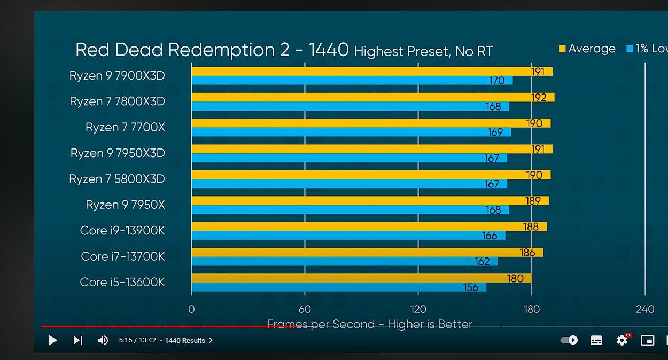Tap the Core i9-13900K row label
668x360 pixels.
click(x=122, y=230)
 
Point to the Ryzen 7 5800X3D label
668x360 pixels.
click(x=117, y=179)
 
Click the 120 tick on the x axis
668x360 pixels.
click(x=418, y=309)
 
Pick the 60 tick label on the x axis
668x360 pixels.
click(x=305, y=309)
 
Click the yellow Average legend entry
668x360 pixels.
click(x=587, y=49)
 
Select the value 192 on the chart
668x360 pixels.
click(x=539, y=97)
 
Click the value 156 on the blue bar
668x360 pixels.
click(x=470, y=287)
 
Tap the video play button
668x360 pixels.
click(x=52, y=340)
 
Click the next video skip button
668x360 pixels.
click(x=77, y=340)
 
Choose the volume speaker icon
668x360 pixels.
click(x=103, y=340)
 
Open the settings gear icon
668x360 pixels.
click(x=622, y=340)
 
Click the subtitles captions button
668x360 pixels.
click(x=596, y=340)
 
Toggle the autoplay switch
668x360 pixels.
click(x=569, y=340)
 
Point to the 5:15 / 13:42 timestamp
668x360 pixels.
click(x=137, y=340)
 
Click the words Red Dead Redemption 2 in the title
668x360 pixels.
click(x=182, y=50)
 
